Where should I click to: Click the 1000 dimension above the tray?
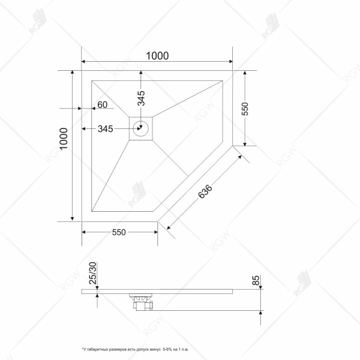point(157,55)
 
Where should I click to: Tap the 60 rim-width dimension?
point(102,105)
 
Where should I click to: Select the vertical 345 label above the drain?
point(142,98)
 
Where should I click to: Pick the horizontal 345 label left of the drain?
point(106,128)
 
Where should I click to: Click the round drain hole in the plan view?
point(142,128)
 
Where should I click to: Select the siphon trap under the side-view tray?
point(142,301)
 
